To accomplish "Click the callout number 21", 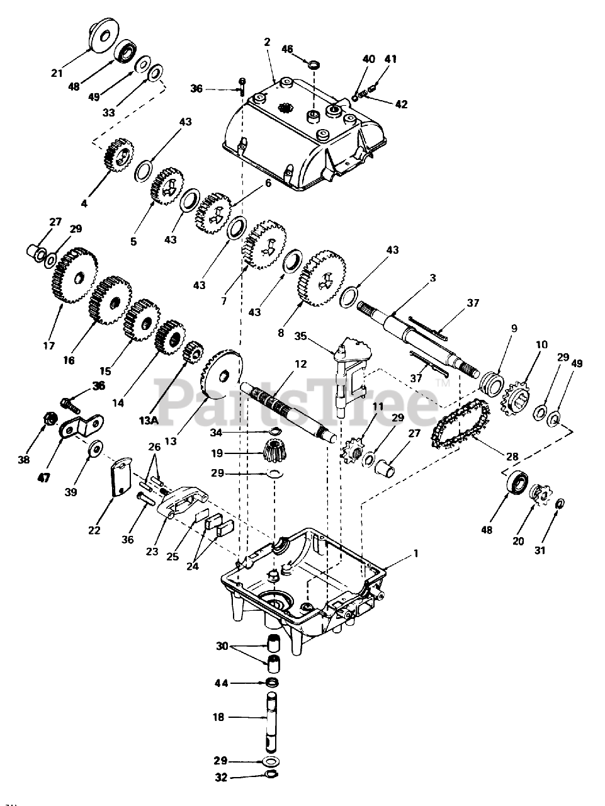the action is coord(57,73).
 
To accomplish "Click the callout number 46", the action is coord(287,48).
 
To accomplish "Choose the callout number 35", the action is coord(301,336).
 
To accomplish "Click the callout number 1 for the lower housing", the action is coord(416,553).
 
